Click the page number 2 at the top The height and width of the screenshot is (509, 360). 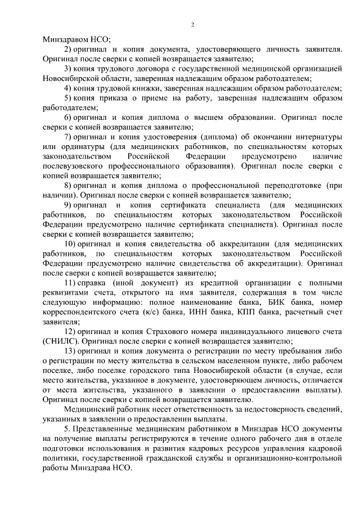tap(192, 24)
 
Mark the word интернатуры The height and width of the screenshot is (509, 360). tap(315, 137)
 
